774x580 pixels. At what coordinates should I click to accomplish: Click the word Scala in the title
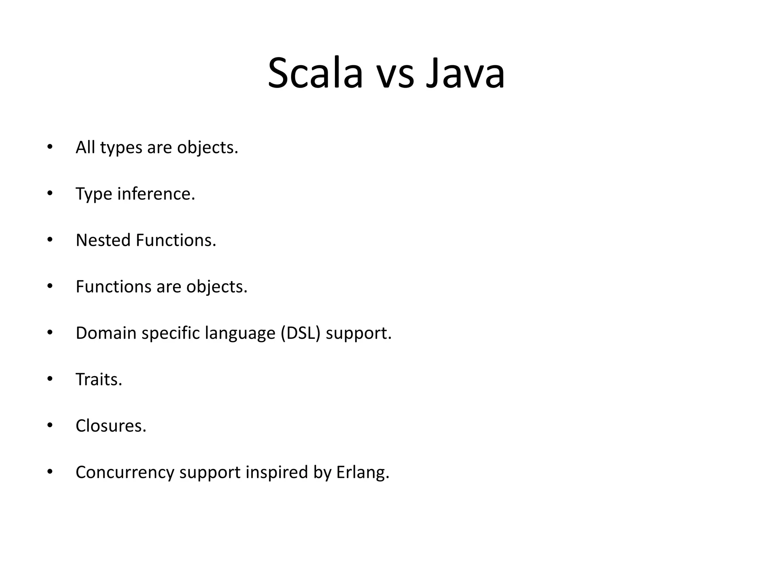[x=315, y=73]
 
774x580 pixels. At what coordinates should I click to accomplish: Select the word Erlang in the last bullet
[x=362, y=472]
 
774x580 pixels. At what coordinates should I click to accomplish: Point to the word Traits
[x=99, y=379]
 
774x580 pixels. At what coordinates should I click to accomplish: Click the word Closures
[x=111, y=426]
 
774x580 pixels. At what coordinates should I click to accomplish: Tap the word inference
[x=156, y=194]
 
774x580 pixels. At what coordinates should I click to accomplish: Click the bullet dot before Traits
[x=50, y=379]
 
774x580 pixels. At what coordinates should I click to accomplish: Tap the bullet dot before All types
[x=50, y=147]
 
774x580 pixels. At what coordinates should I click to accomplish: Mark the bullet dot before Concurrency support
[x=50, y=472]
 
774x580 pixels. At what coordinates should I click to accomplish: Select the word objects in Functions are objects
[x=217, y=287]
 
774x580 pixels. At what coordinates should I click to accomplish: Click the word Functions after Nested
[x=176, y=240]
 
